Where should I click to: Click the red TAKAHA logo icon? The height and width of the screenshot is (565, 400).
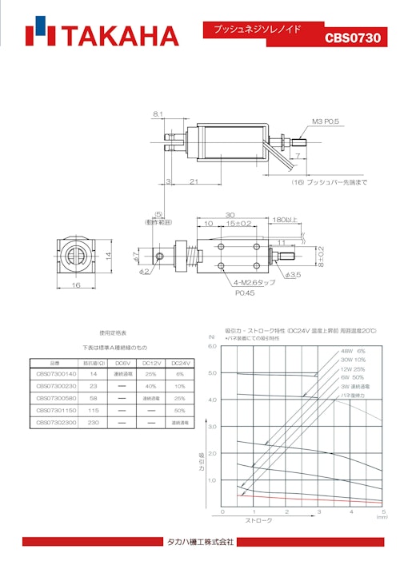(39, 34)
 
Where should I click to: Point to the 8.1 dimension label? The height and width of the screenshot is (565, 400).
(158, 115)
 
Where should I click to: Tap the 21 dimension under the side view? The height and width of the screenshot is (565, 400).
(194, 183)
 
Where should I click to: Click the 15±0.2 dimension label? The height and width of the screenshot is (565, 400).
(239, 223)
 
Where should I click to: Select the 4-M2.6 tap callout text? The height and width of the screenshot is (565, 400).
(255, 283)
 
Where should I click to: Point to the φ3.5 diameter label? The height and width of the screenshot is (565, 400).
(294, 275)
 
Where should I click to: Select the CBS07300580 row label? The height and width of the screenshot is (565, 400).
(56, 397)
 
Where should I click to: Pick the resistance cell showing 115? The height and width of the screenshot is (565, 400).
(93, 409)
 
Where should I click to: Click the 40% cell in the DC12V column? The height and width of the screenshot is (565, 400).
(152, 385)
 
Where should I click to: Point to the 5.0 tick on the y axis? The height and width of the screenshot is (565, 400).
(212, 373)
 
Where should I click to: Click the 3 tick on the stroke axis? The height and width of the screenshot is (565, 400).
(318, 511)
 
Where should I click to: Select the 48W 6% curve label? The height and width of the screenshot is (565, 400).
(353, 351)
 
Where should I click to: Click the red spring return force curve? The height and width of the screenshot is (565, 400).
(304, 496)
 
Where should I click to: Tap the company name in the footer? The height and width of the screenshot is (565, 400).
(200, 541)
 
